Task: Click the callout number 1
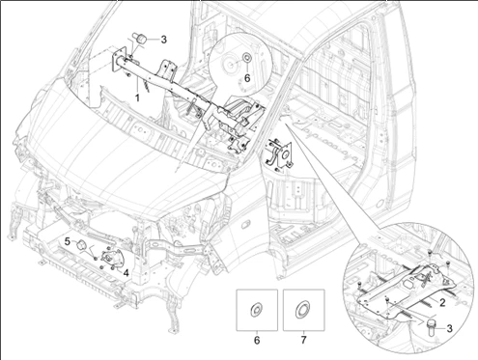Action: pyautogui.click(x=137, y=97)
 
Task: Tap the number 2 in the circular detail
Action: pyautogui.click(x=442, y=302)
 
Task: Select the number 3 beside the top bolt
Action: pyautogui.click(x=163, y=40)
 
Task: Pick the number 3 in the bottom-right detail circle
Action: pyautogui.click(x=449, y=328)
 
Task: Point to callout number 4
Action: pyautogui.click(x=126, y=273)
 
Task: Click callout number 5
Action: pyautogui.click(x=68, y=241)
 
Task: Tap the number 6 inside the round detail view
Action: pyautogui.click(x=247, y=78)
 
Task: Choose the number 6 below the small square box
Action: pyautogui.click(x=257, y=340)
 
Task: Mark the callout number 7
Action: pyautogui.click(x=303, y=340)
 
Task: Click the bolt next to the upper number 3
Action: pyautogui.click(x=140, y=39)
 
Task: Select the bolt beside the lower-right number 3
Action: pyautogui.click(x=431, y=326)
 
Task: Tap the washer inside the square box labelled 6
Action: pyautogui.click(x=257, y=310)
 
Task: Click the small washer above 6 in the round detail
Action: pyautogui.click(x=247, y=58)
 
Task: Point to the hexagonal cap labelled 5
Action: pyautogui.click(x=81, y=245)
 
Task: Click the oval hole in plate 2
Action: pyautogui.click(x=408, y=285)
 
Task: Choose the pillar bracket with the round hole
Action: pyautogui.click(x=282, y=154)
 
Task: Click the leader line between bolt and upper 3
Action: pyautogui.click(x=154, y=40)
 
